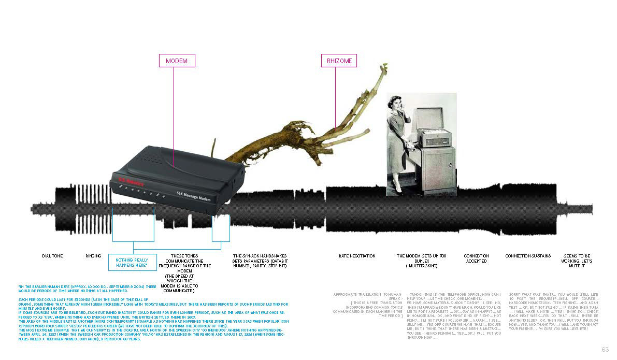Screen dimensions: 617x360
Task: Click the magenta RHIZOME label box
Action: [339, 61]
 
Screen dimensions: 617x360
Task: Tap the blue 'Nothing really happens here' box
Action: [132, 262]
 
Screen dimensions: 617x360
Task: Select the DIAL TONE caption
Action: [52, 256]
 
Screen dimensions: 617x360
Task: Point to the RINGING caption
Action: [93, 256]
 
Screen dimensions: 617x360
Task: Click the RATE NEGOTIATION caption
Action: [357, 256]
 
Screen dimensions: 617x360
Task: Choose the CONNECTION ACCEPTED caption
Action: [476, 258]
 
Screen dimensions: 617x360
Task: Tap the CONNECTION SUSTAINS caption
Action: [528, 256]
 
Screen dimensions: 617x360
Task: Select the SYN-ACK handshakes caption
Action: [260, 261]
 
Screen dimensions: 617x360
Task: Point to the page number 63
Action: [605, 349]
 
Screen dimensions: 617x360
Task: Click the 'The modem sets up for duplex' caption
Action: [421, 261]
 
